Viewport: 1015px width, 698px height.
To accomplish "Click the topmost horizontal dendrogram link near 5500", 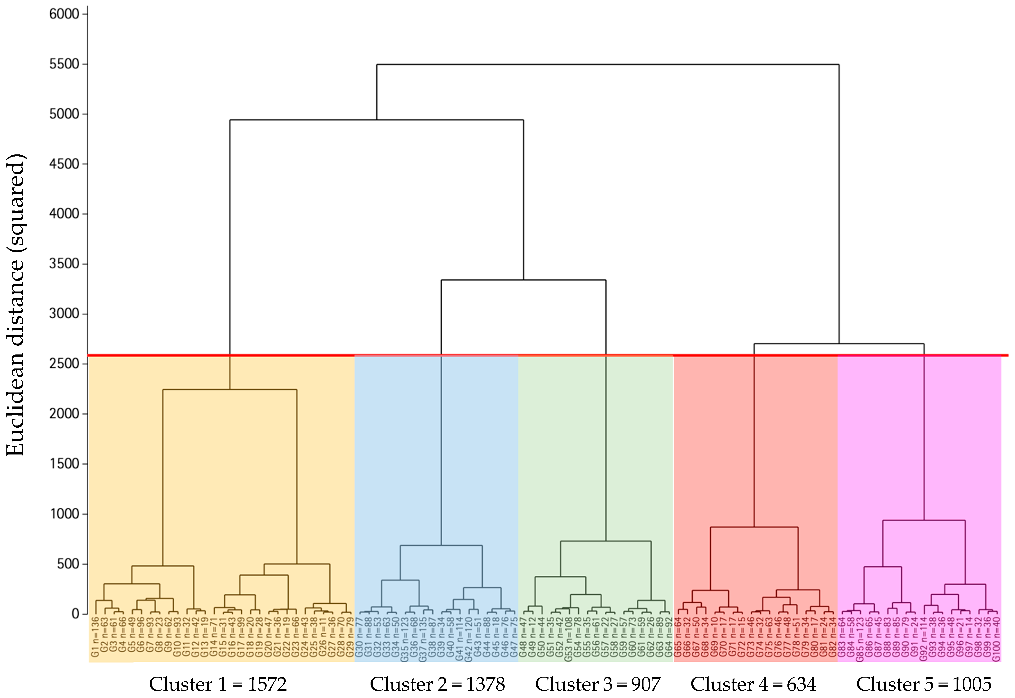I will coord(608,65).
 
